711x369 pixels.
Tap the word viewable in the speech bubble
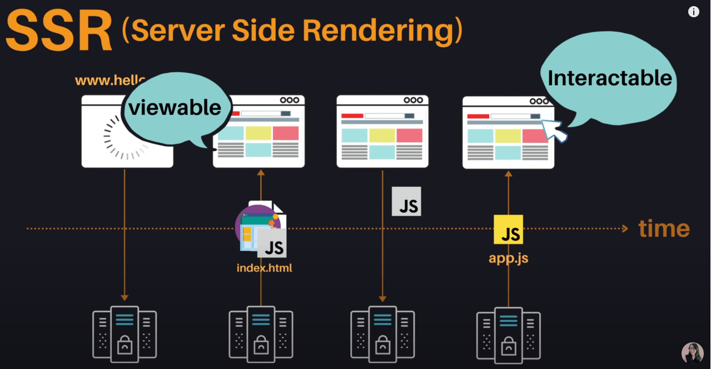175,107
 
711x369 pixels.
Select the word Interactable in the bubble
610,78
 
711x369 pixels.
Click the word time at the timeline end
664,228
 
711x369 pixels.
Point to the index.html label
264,268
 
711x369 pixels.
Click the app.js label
508,258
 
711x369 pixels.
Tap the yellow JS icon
508,230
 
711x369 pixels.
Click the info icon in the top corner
694,12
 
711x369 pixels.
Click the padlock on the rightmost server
509,345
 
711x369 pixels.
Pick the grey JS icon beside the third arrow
406,201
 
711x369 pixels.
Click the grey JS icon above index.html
272,243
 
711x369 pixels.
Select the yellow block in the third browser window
382,135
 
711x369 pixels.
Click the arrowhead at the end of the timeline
624,228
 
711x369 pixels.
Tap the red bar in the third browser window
352,116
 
